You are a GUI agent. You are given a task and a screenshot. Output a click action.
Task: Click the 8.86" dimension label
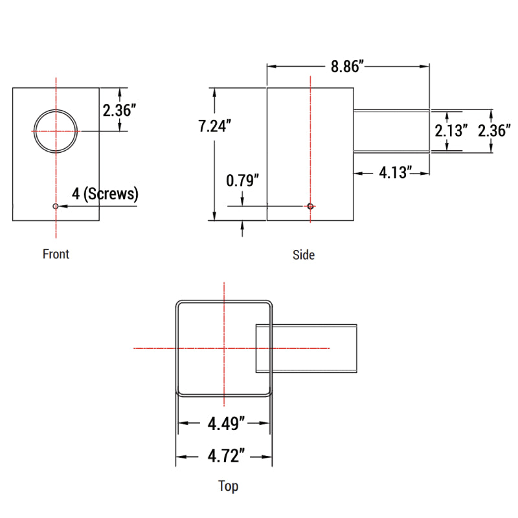pos(348,67)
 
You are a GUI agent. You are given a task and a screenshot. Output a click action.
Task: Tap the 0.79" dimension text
pos(243,181)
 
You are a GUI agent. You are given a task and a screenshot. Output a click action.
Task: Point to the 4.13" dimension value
pos(396,173)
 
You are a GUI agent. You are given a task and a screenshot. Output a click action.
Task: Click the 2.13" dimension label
pos(451,131)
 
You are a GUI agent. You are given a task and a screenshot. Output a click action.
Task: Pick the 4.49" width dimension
pos(226,424)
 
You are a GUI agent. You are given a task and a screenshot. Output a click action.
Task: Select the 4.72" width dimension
pos(226,456)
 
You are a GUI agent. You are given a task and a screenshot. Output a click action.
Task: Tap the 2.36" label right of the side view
pos(495,131)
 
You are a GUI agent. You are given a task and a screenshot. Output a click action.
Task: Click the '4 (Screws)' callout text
pos(105,193)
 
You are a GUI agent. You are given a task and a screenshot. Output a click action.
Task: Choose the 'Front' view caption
pos(56,254)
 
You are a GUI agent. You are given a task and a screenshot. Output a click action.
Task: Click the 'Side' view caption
pos(303,255)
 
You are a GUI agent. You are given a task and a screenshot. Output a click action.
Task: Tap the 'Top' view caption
pos(228,486)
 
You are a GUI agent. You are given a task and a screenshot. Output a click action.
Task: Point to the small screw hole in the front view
pos(56,206)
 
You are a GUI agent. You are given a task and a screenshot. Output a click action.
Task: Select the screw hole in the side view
pos(311,206)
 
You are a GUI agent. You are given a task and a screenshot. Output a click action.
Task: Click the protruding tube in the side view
pos(391,131)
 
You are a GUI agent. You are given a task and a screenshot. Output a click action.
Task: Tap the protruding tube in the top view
pos(314,348)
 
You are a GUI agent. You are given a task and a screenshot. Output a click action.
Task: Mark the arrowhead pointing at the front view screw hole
pos(62,206)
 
